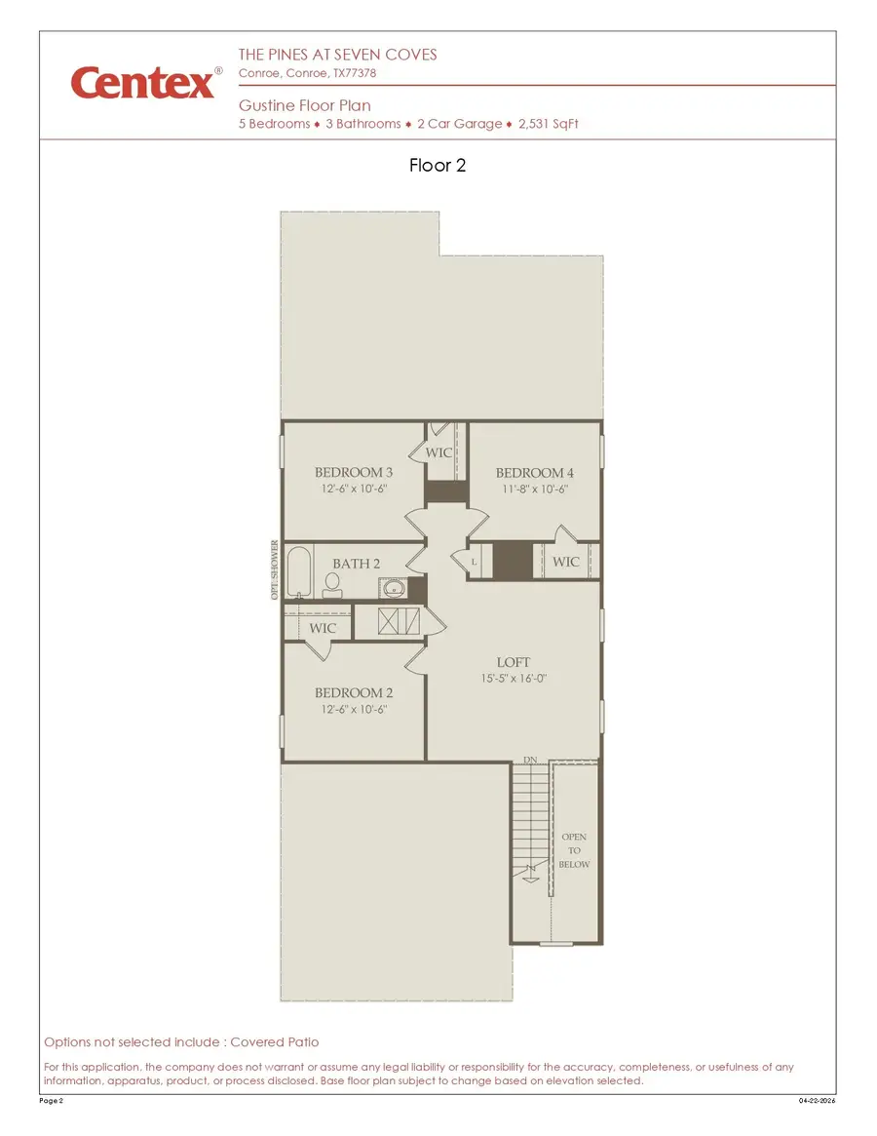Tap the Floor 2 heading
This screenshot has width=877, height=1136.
tap(438, 166)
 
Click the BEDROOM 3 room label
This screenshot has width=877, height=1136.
tap(354, 473)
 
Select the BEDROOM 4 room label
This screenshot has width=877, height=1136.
tap(535, 473)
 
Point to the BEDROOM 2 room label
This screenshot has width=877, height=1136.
tap(354, 693)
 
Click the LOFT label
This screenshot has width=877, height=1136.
tap(514, 663)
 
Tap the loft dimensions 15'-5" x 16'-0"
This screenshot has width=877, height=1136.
tap(515, 679)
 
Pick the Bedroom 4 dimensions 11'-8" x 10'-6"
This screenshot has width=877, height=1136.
tap(535, 490)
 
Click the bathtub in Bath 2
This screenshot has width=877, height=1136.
tap(298, 573)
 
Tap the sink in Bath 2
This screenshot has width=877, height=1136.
tap(393, 588)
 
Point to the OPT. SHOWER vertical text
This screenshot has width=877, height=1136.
tap(275, 570)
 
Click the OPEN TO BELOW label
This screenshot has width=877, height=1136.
tap(574, 850)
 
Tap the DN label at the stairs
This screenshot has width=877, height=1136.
tap(531, 759)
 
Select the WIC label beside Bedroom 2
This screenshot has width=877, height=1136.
tap(323, 629)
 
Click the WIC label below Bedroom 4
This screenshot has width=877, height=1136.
tap(565, 562)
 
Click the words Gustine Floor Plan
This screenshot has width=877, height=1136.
tap(305, 105)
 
